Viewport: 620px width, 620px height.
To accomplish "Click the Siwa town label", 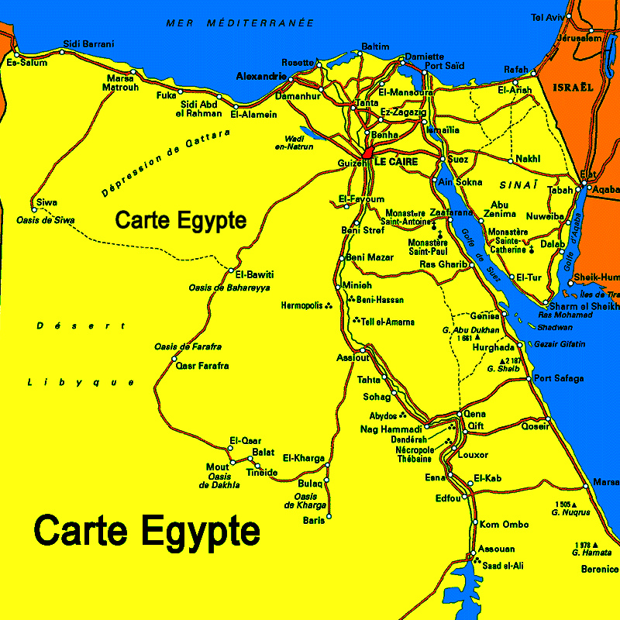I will pos(46,203).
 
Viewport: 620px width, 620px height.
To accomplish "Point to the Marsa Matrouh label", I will pos(121,82).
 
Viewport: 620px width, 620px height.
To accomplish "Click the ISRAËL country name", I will pos(573,88).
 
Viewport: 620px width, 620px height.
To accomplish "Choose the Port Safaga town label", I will pos(559,378).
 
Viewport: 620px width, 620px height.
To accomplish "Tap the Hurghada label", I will pos(493,347).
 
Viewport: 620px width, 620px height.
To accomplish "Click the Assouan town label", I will pos(496,549).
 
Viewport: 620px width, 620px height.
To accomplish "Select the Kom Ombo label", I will pos(505,525).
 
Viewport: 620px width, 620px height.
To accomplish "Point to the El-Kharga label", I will pos(304,458).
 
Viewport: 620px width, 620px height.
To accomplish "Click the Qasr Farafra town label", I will pos(202,365).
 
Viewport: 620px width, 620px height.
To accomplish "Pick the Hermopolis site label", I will pos(301,306).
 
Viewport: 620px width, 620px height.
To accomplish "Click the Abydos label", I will pos(383,416).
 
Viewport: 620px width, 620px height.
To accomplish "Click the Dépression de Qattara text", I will pos(166,164).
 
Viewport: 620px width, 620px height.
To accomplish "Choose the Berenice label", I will pos(599,568).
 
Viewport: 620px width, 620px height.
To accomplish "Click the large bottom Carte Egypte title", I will pos(147,532).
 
